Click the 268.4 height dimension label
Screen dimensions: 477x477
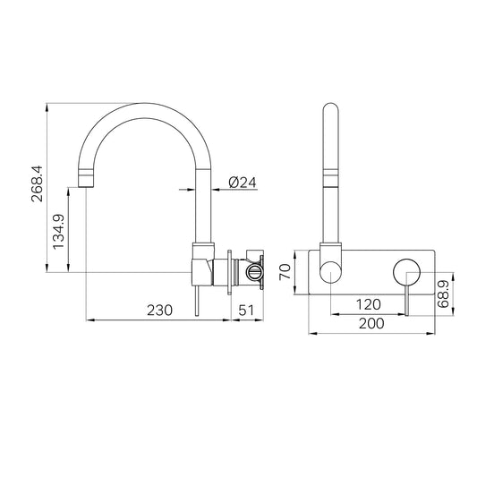click(x=38, y=184)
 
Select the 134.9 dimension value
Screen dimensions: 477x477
click(x=58, y=232)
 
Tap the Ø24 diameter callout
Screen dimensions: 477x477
click(x=243, y=183)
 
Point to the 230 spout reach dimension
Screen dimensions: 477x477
click(x=159, y=311)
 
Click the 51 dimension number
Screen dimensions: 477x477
click(x=246, y=311)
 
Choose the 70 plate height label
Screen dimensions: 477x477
click(x=285, y=272)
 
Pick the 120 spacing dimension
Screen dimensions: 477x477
click(x=368, y=304)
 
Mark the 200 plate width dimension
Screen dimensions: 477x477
click(x=371, y=323)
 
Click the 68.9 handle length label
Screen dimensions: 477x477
click(x=443, y=294)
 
